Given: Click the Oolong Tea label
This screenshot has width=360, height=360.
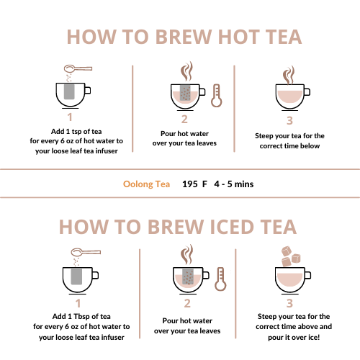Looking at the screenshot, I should (147, 184).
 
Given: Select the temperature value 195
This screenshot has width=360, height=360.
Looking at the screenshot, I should (190, 184).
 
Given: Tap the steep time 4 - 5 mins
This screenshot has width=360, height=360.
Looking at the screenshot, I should (234, 184).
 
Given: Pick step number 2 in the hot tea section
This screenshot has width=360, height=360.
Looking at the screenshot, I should (184, 120).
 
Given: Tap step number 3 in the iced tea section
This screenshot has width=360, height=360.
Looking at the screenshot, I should (289, 303).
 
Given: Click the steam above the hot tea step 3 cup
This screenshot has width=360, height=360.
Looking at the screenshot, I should (289, 74).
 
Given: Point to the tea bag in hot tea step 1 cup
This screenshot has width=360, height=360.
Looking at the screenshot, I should (69, 91).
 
